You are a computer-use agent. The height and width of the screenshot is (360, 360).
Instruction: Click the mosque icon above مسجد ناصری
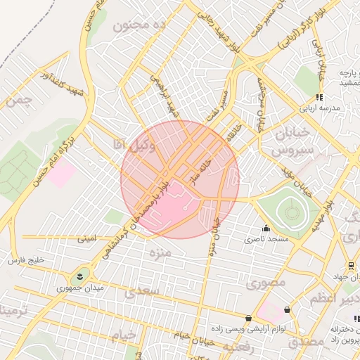(266, 228)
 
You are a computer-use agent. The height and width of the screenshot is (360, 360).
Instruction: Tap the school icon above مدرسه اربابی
(319, 97)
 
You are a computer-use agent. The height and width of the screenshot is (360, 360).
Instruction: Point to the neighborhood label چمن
(18, 101)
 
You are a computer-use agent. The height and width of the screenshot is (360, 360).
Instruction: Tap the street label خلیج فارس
(26, 260)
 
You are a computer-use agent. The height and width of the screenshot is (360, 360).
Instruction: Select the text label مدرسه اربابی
(320, 109)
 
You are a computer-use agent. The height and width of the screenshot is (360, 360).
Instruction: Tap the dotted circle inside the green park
(290, 209)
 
